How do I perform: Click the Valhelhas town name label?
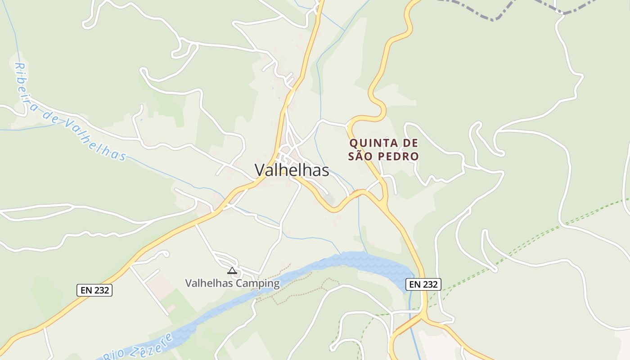point(292,170)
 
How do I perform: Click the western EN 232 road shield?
point(94,290)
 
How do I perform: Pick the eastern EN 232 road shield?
point(423,284)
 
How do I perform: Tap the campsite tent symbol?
point(232,270)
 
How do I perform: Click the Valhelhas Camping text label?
point(232,283)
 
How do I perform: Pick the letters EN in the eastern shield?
point(414,284)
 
